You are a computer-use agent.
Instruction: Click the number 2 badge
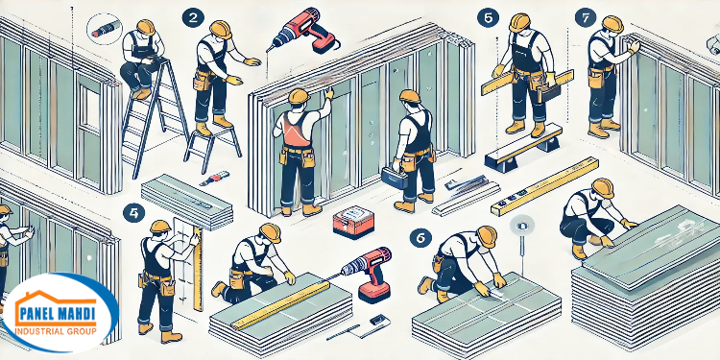pyautogui.click(x=195, y=16)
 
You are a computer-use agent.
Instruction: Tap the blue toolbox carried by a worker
pyautogui.click(x=394, y=179)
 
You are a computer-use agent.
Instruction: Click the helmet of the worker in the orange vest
pyautogui.click(x=297, y=97)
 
